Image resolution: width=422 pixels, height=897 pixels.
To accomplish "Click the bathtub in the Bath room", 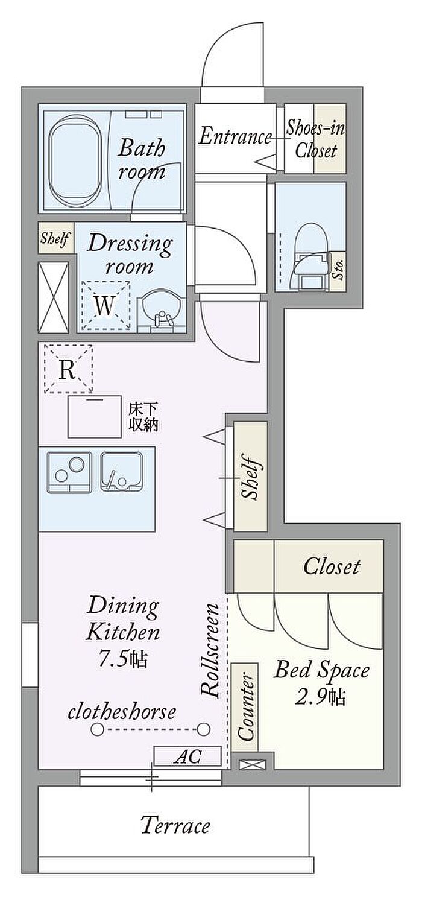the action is [76, 160].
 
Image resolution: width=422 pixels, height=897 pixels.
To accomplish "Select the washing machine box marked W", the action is [105, 305].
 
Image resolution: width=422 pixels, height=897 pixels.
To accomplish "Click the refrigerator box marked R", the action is [68, 369].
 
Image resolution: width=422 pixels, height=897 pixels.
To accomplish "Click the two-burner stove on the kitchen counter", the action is [69, 472].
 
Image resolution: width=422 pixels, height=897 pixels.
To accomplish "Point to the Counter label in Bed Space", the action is [245, 707].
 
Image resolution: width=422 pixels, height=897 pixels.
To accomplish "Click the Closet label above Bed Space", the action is [332, 566].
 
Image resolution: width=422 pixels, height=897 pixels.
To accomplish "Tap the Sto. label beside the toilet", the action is [339, 271].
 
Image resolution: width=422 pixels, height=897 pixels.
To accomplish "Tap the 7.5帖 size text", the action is [123, 659].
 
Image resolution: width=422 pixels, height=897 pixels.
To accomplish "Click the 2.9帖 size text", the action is [320, 697].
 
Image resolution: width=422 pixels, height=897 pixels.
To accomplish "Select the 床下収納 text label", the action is [143, 417].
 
